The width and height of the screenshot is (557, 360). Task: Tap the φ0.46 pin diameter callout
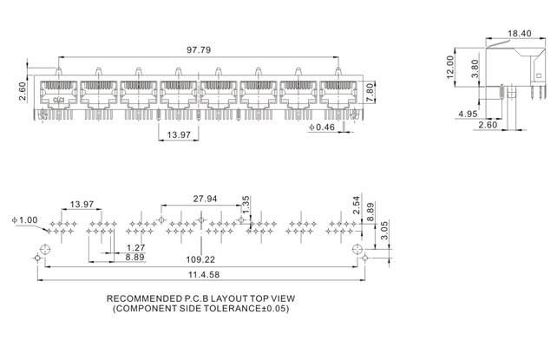(323, 128)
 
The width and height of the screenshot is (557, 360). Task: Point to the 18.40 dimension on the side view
(519, 33)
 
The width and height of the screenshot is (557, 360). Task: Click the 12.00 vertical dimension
(450, 68)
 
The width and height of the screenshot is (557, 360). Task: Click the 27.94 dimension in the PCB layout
(206, 199)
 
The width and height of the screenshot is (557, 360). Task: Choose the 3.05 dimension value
(384, 228)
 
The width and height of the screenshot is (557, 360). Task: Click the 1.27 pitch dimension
(135, 248)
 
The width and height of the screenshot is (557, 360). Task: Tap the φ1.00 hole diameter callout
(25, 219)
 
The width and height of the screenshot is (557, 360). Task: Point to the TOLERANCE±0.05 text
(246, 309)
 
